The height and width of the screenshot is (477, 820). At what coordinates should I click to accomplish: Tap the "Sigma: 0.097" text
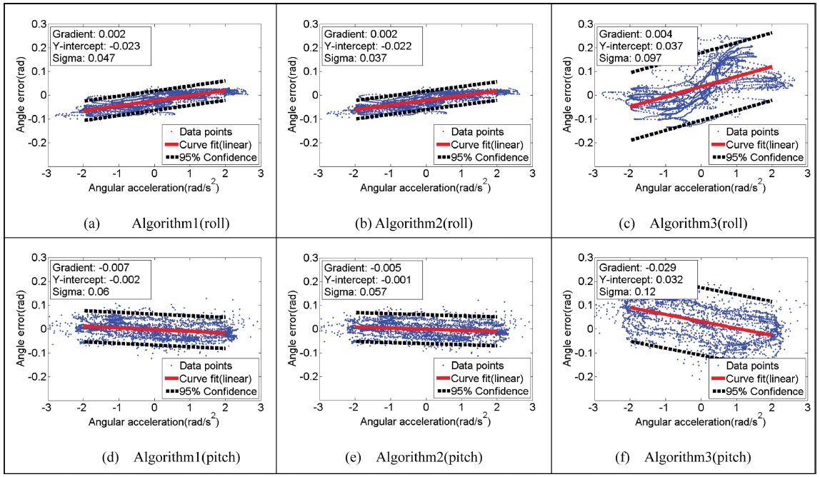pyautogui.click(x=625, y=59)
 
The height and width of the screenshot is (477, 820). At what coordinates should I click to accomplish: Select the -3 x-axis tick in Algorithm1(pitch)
pyautogui.click(x=47, y=409)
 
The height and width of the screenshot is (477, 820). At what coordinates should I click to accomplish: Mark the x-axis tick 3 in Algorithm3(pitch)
pyautogui.click(x=807, y=409)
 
